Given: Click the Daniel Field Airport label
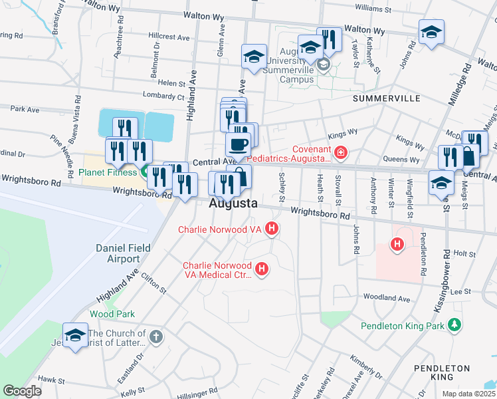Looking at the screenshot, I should (118, 253).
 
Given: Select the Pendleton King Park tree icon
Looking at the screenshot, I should (454, 325).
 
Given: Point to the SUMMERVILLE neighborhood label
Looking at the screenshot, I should (386, 98).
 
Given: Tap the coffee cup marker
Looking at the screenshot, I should (238, 144).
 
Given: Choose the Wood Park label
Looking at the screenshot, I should (112, 314).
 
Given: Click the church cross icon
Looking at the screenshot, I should (155, 336).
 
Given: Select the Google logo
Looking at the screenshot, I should (22, 392).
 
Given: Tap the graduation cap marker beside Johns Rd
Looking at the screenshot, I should (431, 32).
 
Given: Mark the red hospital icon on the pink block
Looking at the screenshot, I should (397, 245).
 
